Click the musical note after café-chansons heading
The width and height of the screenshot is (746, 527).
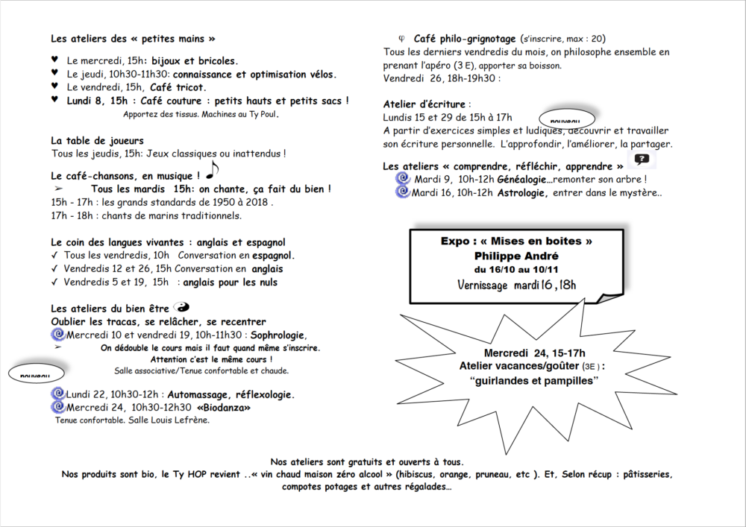[212, 171]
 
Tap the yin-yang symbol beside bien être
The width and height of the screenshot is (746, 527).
[181, 306]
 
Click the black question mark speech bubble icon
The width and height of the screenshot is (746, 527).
[642, 159]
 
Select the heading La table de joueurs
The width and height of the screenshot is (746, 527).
[97, 140]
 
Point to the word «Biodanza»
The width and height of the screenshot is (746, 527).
[225, 408]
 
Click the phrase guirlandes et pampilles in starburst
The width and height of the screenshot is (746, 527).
[535, 381]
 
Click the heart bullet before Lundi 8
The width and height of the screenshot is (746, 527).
[54, 99]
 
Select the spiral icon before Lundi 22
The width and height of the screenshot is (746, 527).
[57, 394]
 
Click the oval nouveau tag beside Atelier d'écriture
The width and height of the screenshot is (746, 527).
[566, 119]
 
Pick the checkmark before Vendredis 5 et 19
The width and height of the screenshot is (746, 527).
[55, 283]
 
